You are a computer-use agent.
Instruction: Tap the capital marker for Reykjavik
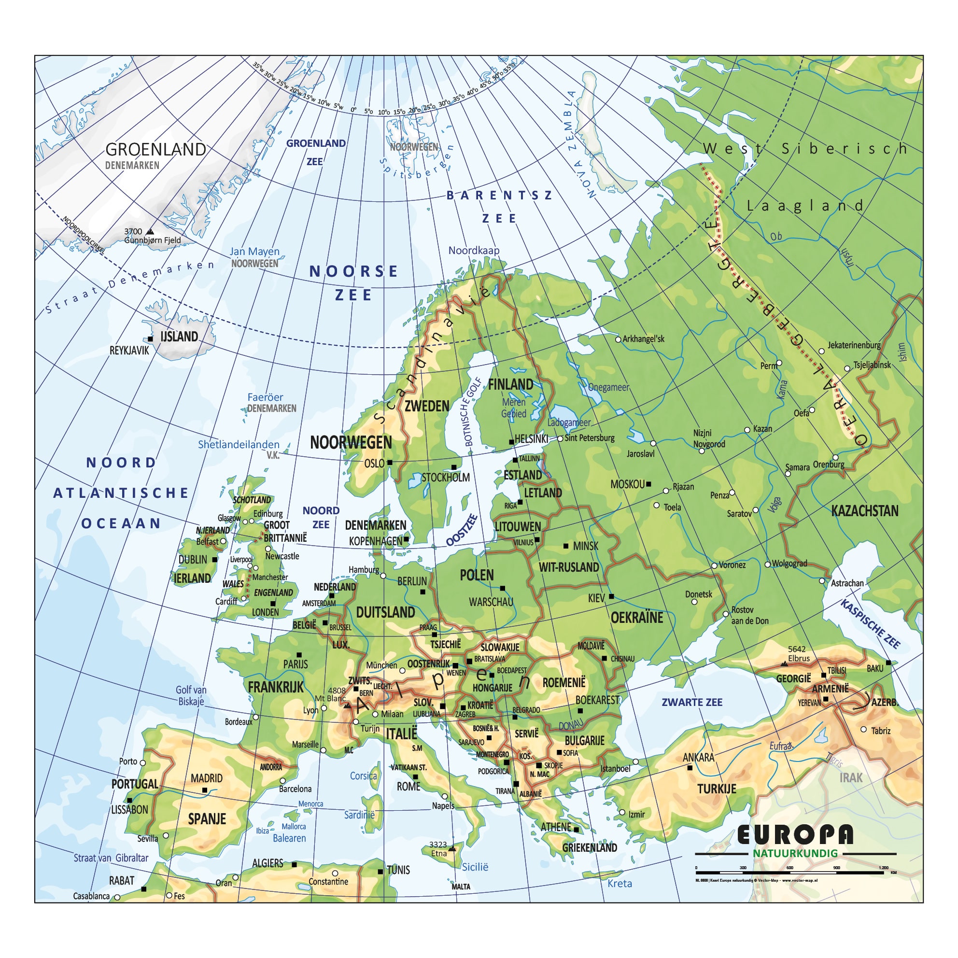coord(150,339)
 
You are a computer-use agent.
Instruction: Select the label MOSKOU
coord(627,484)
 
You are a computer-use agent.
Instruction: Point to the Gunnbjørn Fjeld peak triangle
coord(150,232)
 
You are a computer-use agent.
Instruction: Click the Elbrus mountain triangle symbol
coord(784,663)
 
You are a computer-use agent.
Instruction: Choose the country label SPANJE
coord(207,818)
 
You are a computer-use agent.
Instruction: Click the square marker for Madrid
coord(205,790)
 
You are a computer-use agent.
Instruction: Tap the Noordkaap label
coord(474,251)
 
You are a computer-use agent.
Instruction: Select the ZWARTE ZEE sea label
coord(692,702)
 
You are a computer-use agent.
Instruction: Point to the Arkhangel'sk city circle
coord(618,339)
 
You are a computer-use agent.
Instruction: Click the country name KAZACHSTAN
coord(864,511)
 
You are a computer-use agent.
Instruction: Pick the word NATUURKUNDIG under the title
coord(795,853)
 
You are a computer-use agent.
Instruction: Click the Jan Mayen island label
coord(254,252)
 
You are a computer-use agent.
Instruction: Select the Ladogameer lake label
coord(569,423)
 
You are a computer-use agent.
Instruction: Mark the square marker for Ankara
coord(690,768)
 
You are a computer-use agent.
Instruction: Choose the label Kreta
coord(620,883)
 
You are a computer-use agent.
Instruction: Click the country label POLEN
coord(477,575)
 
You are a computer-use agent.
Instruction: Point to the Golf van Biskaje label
coord(191,695)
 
